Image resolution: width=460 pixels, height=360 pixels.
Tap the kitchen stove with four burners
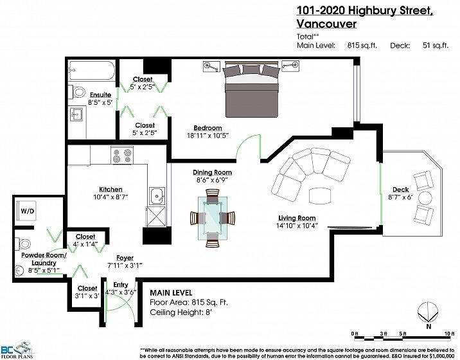pyautogui.click(x=122, y=155)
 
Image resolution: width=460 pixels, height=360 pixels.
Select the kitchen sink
pyautogui.click(x=157, y=196)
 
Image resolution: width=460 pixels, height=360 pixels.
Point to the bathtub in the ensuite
pyautogui.click(x=91, y=71)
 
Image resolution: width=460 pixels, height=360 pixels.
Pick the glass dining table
pyautogui.click(x=213, y=218)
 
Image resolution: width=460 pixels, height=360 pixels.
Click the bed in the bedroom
pyautogui.click(x=251, y=89)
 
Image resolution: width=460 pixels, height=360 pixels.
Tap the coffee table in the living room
pyautogui.click(x=320, y=195)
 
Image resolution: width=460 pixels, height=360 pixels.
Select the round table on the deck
pyautogui.click(x=425, y=198)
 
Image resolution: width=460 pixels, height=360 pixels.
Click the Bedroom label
pyautogui.click(x=208, y=128)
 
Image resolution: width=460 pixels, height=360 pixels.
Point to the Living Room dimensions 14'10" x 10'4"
pyautogui.click(x=297, y=226)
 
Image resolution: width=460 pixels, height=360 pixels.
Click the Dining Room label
pyautogui.click(x=213, y=172)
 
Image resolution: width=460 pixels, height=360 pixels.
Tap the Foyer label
pyautogui.click(x=125, y=258)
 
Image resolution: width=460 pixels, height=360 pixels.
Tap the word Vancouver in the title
pyautogui.click(x=326, y=24)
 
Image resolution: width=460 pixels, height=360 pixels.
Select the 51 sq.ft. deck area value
pyautogui.click(x=436, y=46)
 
